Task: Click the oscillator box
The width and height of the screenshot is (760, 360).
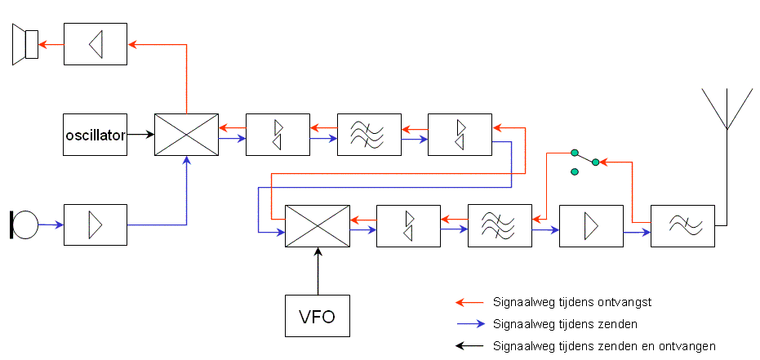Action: click(x=96, y=135)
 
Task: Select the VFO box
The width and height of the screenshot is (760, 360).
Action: click(x=317, y=316)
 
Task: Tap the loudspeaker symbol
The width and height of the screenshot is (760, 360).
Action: click(x=25, y=44)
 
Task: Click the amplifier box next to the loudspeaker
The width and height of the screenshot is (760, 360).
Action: click(x=96, y=44)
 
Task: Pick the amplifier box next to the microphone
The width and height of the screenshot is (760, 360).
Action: click(x=96, y=224)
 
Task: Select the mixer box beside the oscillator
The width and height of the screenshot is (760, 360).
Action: click(x=187, y=135)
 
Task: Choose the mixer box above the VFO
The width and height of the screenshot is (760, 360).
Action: click(x=317, y=226)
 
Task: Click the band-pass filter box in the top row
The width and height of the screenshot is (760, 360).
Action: click(x=369, y=135)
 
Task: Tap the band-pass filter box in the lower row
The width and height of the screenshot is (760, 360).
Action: click(x=500, y=226)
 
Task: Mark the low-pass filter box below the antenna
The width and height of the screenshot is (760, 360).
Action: click(x=682, y=226)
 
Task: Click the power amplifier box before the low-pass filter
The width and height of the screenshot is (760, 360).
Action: click(x=591, y=226)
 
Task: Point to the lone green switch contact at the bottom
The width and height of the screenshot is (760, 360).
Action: click(x=575, y=171)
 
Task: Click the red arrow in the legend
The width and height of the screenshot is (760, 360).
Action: click(x=469, y=302)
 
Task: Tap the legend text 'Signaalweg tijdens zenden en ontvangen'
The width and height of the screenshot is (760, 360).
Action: click(x=604, y=346)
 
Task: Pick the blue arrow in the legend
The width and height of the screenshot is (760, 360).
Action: click(x=469, y=324)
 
